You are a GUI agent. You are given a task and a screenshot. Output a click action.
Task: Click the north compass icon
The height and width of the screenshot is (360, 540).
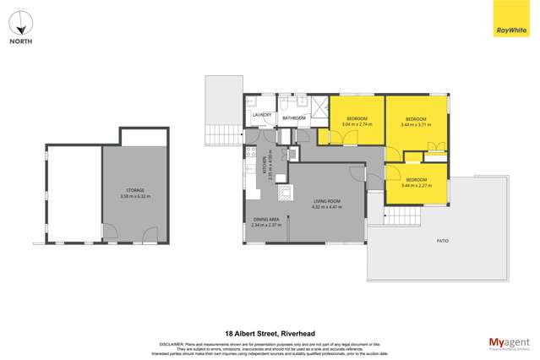22,22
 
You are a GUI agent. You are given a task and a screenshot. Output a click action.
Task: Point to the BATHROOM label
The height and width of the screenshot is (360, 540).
294,118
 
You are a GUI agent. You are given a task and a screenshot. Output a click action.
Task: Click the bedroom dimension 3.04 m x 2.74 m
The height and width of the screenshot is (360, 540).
357,124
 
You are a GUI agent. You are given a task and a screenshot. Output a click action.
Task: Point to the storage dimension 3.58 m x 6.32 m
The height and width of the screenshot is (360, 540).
135,196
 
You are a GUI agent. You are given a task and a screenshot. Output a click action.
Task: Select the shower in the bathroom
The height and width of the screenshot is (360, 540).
319,106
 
